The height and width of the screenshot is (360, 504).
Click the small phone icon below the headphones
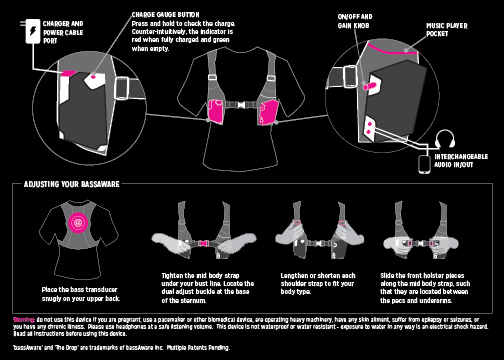pos(424,160)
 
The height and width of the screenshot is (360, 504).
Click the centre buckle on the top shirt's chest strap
pos(240,104)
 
